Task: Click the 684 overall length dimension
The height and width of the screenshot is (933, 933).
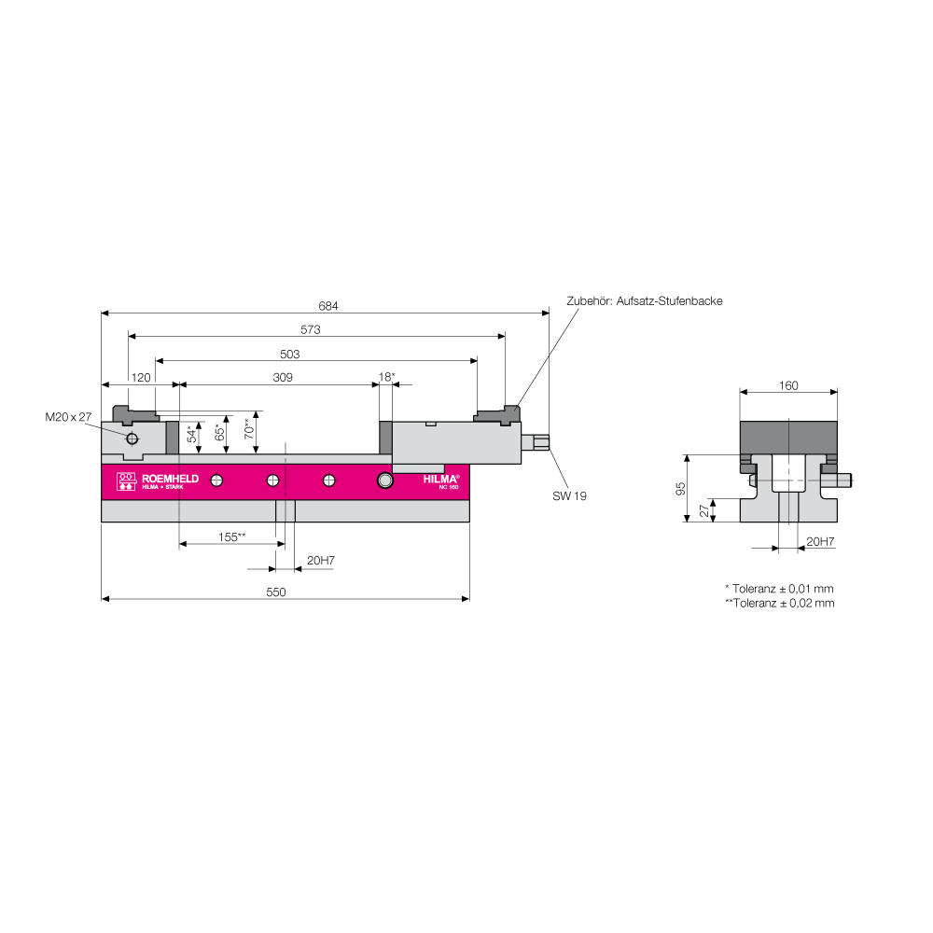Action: point(327,306)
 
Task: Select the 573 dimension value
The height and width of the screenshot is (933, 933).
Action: point(310,329)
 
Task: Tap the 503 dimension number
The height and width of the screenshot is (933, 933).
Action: point(290,354)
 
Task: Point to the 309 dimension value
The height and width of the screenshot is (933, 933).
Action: point(283,377)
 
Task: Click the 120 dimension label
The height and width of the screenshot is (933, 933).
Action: point(141,378)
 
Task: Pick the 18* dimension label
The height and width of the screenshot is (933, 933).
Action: point(387,377)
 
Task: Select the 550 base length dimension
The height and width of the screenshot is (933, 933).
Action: point(276,592)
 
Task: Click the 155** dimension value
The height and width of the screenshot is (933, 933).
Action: point(232,536)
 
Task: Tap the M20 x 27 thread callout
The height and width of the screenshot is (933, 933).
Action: point(68,417)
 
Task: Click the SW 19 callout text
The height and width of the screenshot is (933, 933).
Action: point(569,495)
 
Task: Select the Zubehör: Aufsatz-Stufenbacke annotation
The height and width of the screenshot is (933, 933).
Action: point(645,301)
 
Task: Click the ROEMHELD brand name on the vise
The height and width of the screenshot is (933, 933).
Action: point(170,479)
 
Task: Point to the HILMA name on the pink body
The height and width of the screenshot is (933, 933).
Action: point(440,479)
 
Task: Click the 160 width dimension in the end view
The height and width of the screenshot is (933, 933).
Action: point(788,385)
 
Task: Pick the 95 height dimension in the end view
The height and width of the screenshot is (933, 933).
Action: point(681,489)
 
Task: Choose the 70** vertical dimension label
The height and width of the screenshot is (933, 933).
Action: point(249,428)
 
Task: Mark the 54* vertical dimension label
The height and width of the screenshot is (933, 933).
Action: point(191,433)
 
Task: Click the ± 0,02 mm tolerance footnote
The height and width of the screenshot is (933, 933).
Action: point(780,603)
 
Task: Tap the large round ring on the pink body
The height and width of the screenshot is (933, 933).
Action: point(385,480)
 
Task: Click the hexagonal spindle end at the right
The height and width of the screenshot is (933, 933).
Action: point(541,442)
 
